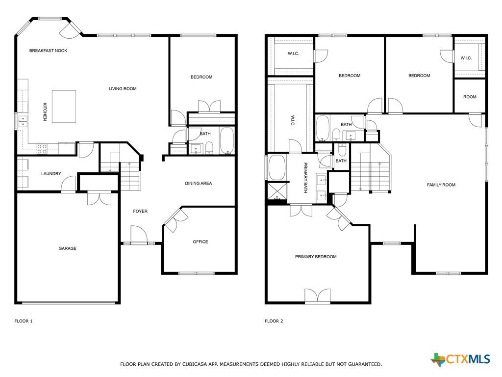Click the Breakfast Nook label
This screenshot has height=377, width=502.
pos(49,51)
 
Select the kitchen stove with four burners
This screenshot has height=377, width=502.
pos(42,148)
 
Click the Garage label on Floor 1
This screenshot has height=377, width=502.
pos(68,248)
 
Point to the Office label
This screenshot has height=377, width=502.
pos(201,242)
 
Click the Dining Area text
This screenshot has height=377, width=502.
pos(199,184)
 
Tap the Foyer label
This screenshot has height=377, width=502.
pos(140,211)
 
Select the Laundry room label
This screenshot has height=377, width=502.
pos(51,174)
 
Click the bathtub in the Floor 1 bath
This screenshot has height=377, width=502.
pos(227,141)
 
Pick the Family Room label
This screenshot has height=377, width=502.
pos(441,185)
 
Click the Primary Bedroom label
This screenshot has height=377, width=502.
pos(316,257)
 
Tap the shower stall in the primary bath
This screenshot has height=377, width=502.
pos(277,191)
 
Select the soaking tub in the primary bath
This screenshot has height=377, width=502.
pos(277,168)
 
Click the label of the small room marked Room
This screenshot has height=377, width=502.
pos(470,97)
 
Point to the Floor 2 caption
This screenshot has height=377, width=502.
pos(274,321)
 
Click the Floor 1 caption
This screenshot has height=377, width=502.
pos(24,321)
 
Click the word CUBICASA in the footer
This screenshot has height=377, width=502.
pos(194,364)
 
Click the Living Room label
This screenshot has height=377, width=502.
pos(123,89)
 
